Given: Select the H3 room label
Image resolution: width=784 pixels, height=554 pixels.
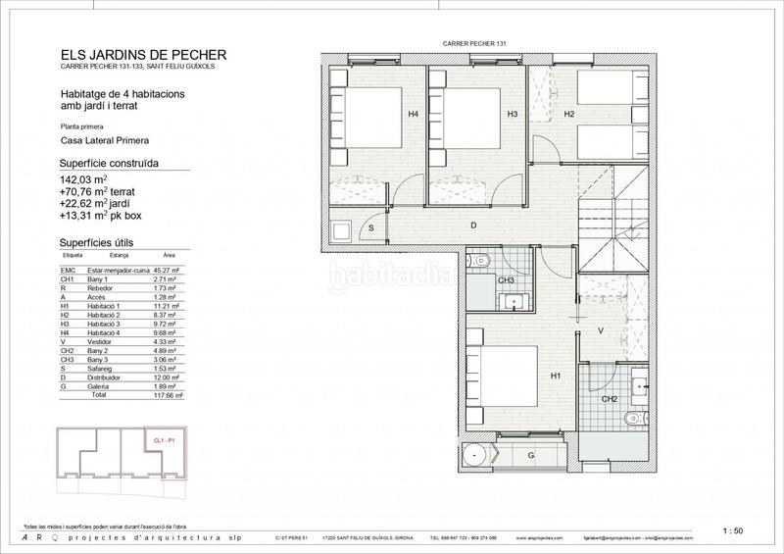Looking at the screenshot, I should tap(512, 115).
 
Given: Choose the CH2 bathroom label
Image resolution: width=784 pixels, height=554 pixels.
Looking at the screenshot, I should tap(609, 398).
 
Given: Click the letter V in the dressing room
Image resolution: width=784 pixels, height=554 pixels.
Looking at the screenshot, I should tap(600, 330).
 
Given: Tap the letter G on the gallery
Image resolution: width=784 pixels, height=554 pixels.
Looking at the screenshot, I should tap(530, 457).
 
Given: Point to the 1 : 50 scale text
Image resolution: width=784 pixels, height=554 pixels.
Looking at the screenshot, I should tap(730, 530).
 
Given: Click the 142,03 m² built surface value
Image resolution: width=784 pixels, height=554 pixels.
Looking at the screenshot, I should tap(83, 179).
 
